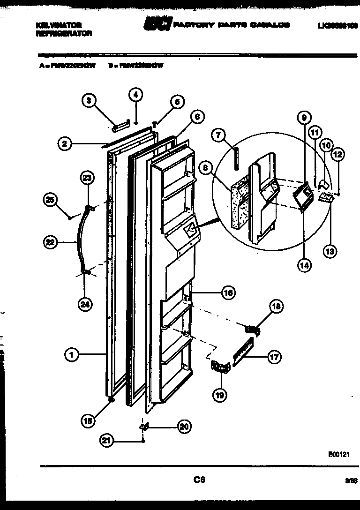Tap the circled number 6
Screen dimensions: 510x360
point(197,117)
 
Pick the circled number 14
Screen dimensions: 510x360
point(304,265)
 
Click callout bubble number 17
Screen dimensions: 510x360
point(275,357)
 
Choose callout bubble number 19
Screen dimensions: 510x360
point(219,395)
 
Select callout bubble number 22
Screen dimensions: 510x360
point(50,242)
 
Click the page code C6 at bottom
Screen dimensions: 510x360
point(199,480)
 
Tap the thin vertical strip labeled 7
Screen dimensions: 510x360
point(237,158)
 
